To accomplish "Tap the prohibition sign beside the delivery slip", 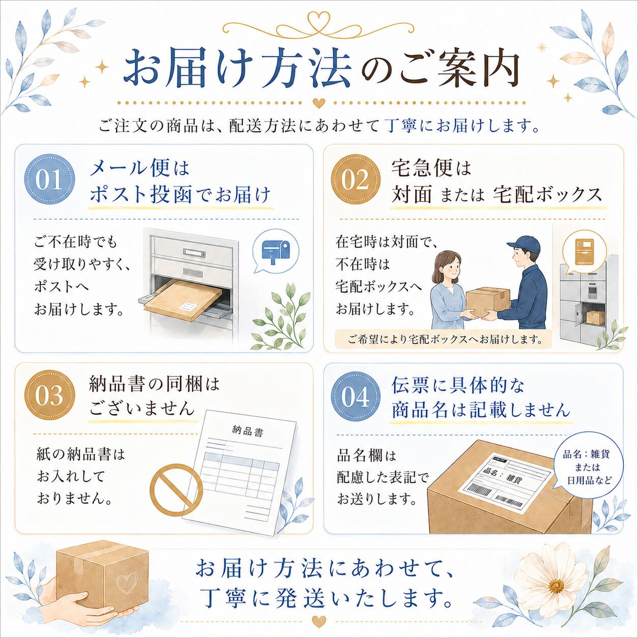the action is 176,489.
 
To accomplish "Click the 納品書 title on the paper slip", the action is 248,431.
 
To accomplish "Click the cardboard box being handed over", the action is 488,301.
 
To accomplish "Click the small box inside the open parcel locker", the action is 595,317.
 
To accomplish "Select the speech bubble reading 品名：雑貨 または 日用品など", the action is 587,467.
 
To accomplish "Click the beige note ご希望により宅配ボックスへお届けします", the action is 444,339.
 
